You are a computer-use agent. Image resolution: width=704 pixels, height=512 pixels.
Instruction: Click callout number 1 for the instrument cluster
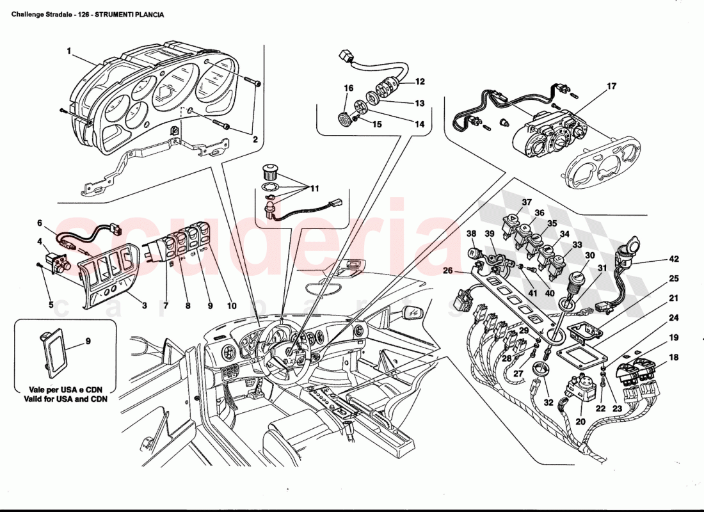coord(68,49)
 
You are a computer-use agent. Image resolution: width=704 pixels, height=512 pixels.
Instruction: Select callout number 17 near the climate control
coord(611,86)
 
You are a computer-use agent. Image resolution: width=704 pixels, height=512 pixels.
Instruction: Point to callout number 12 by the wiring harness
coord(420,82)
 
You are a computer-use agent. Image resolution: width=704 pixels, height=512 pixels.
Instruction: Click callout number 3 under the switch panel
coord(145,306)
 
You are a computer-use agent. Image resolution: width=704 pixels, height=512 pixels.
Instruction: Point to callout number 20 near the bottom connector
coord(580,422)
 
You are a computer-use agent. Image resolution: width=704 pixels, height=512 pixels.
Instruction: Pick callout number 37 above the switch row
coord(526,202)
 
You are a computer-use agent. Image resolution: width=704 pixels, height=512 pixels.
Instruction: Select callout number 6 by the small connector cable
coord(40,223)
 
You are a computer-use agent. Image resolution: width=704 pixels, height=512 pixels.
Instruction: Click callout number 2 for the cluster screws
coord(254,138)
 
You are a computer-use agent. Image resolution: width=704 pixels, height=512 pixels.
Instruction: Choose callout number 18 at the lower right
coord(674,358)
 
